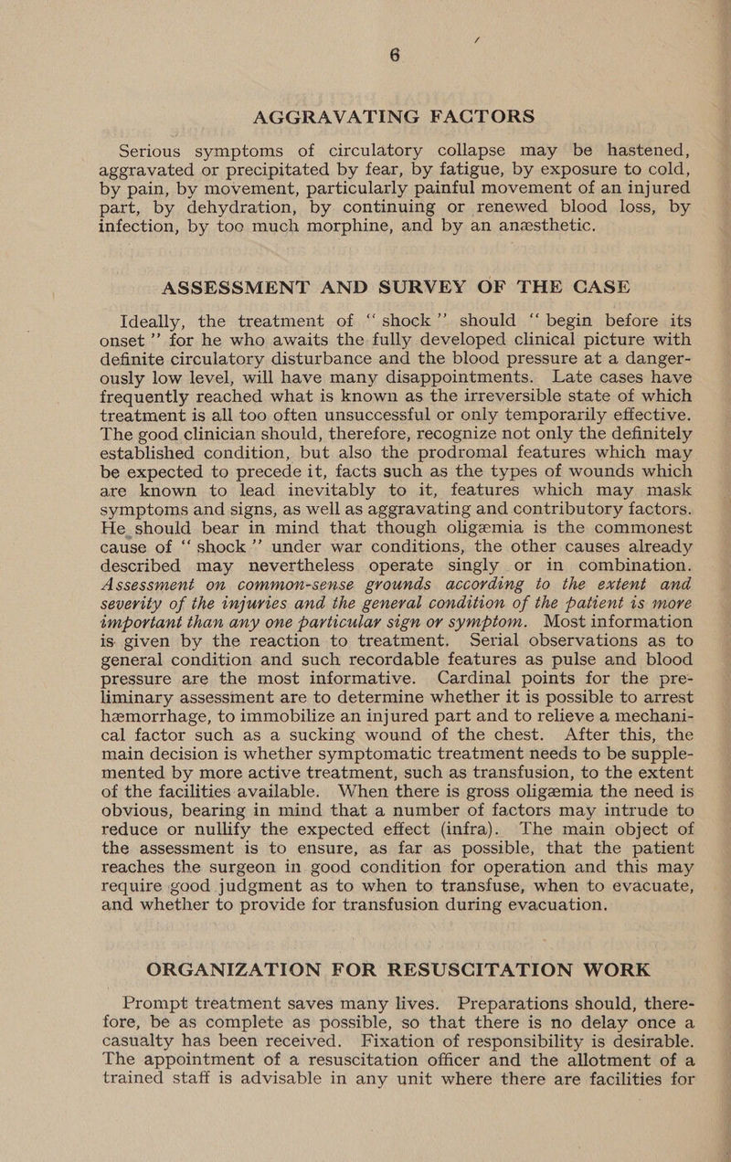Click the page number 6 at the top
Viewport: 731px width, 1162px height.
pos(396,56)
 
